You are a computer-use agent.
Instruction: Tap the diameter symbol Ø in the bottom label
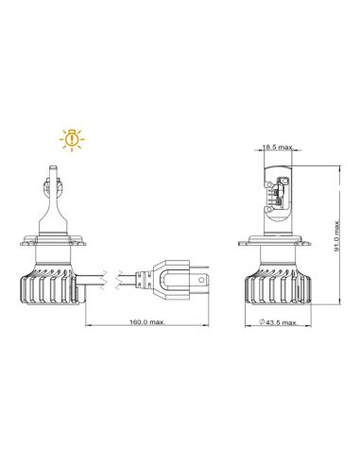pyautogui.click(x=260, y=322)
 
